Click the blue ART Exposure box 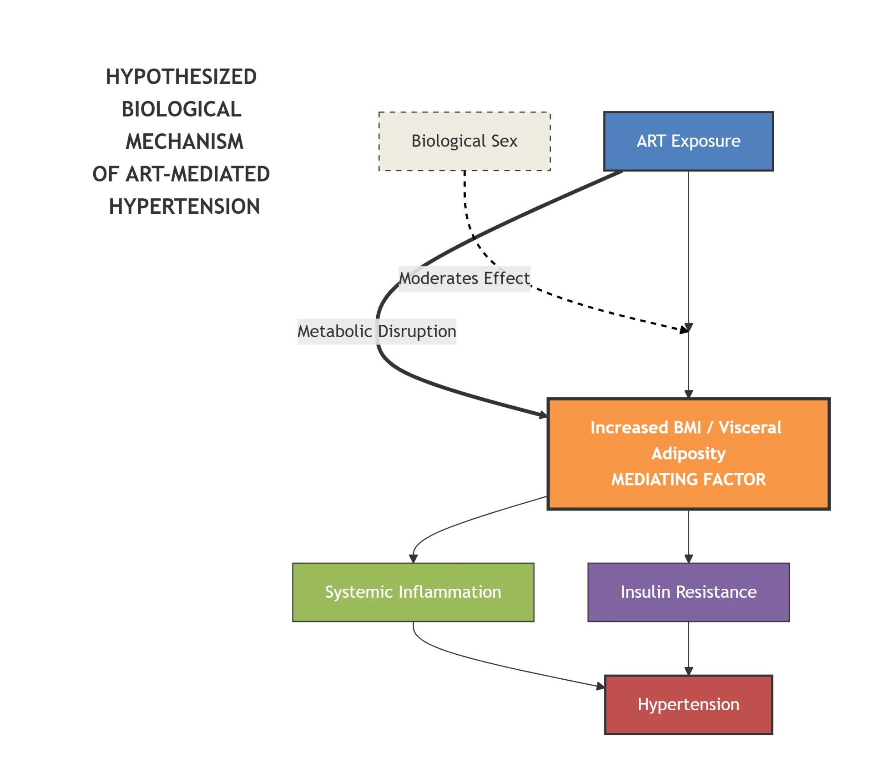pos(688,141)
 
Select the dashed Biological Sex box pos(464,141)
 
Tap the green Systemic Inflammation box pos(413,592)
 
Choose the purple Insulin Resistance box pos(688,592)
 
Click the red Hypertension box pos(688,704)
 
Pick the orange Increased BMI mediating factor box pos(688,454)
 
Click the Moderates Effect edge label pos(464,278)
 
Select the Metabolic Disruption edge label pos(376,331)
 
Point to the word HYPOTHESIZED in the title pos(181,76)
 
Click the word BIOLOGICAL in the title pos(181,109)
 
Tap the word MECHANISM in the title pos(184,141)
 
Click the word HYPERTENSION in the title pos(184,207)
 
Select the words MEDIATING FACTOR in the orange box pos(688,480)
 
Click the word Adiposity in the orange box pos(688,454)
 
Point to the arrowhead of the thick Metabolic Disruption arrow pos(543,414)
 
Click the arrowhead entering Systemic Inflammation pos(413,559)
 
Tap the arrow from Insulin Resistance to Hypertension pos(688,648)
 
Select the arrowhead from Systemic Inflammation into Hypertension pos(601,686)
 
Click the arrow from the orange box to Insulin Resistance pos(688,536)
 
